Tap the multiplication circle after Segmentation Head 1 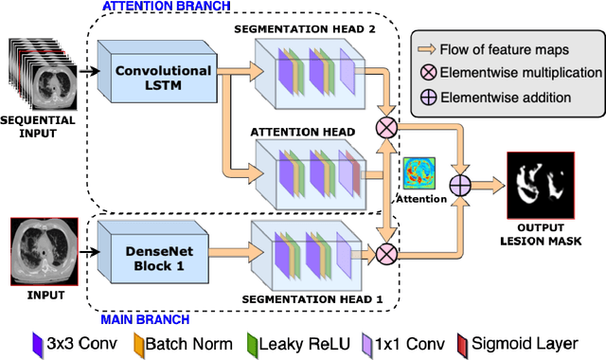click(385, 253)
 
